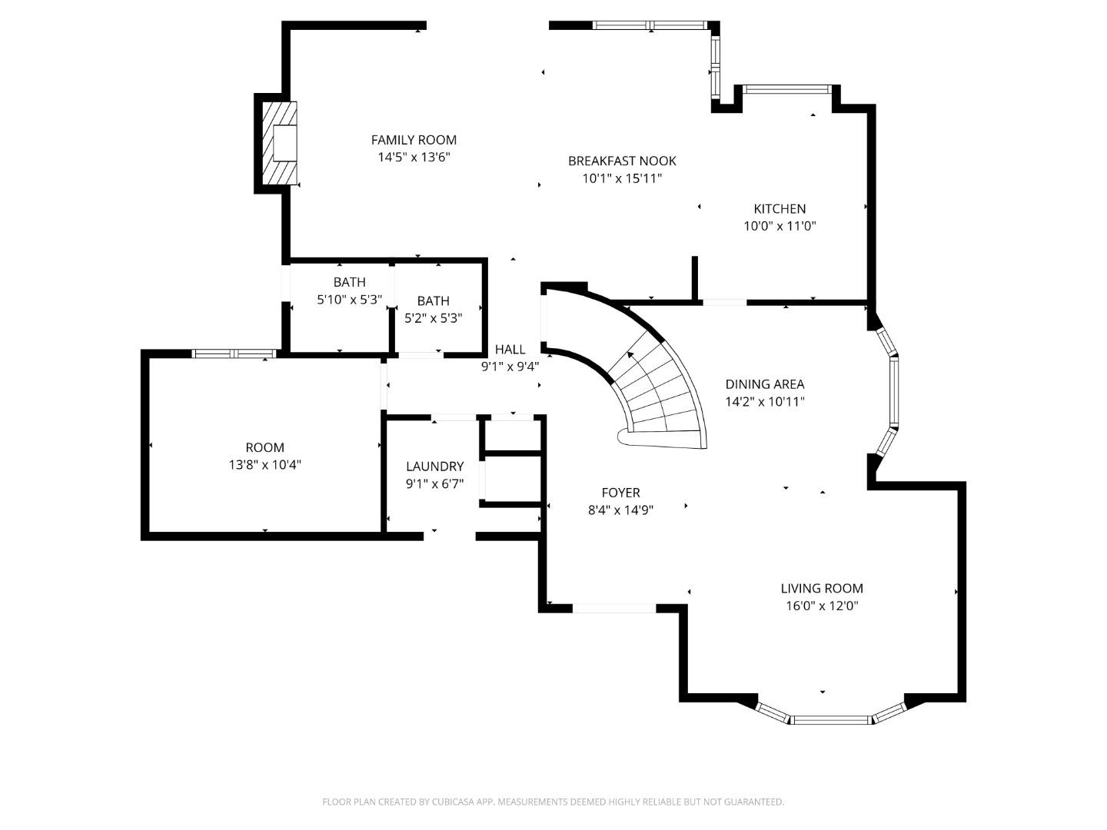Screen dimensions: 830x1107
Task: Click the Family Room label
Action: pos(414,140)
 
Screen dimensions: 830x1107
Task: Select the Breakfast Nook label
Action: pos(622,161)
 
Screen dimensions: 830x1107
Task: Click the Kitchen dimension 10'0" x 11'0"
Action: pos(779,226)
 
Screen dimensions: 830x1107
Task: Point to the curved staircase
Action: pos(653,384)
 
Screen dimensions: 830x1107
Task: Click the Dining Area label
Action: pos(764,384)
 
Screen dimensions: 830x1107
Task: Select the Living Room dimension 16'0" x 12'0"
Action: pos(821,606)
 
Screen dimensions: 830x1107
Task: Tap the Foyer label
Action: pos(620,493)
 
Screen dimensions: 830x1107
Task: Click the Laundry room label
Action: pos(434,466)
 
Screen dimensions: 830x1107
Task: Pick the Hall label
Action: pos(510,350)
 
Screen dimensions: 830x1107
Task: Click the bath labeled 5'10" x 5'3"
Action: pos(349,291)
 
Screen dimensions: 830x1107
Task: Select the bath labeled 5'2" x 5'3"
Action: pos(433,309)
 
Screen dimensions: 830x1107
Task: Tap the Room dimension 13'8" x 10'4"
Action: pos(264,464)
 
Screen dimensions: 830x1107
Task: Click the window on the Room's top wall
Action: pos(233,354)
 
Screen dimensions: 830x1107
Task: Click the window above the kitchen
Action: pos(788,89)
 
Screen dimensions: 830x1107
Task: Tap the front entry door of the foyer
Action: pos(614,608)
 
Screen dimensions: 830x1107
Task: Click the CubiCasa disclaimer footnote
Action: pos(553,802)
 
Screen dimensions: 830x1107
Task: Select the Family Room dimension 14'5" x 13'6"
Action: pos(414,158)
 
